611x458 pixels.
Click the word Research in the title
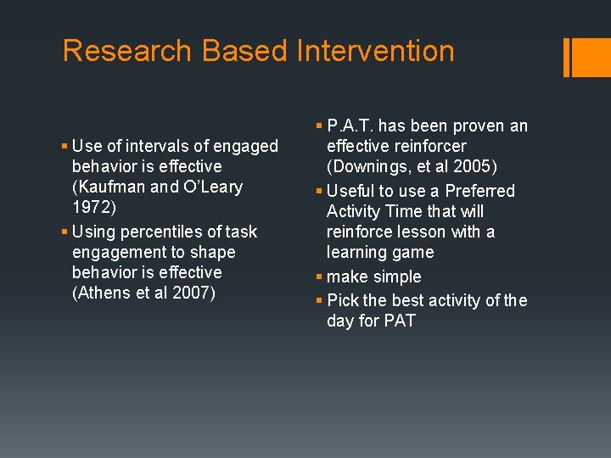(127, 51)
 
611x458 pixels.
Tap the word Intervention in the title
(375, 51)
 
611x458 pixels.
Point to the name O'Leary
(211, 187)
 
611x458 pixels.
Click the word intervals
(143, 146)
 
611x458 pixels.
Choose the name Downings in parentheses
(371, 167)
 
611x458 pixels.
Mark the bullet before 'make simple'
(318, 276)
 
